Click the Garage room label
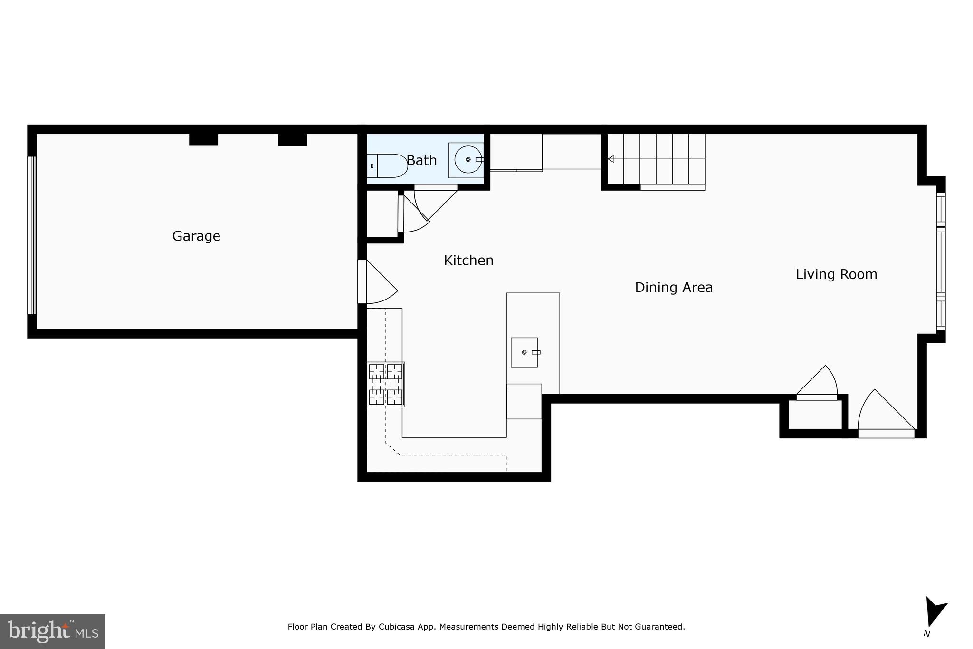[x=196, y=236]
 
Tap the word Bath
[x=421, y=161]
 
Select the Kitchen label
[x=468, y=261]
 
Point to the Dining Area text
[x=673, y=288]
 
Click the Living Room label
[x=836, y=274]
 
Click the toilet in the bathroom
[x=387, y=165]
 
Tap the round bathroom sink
[x=468, y=160]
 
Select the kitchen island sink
[x=524, y=352]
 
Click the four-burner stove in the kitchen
[x=385, y=384]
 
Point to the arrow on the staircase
[x=611, y=159]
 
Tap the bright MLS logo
[x=52, y=631]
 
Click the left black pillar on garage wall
[x=203, y=139]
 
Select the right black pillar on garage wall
[x=292, y=139]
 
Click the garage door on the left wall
[x=32, y=235]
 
